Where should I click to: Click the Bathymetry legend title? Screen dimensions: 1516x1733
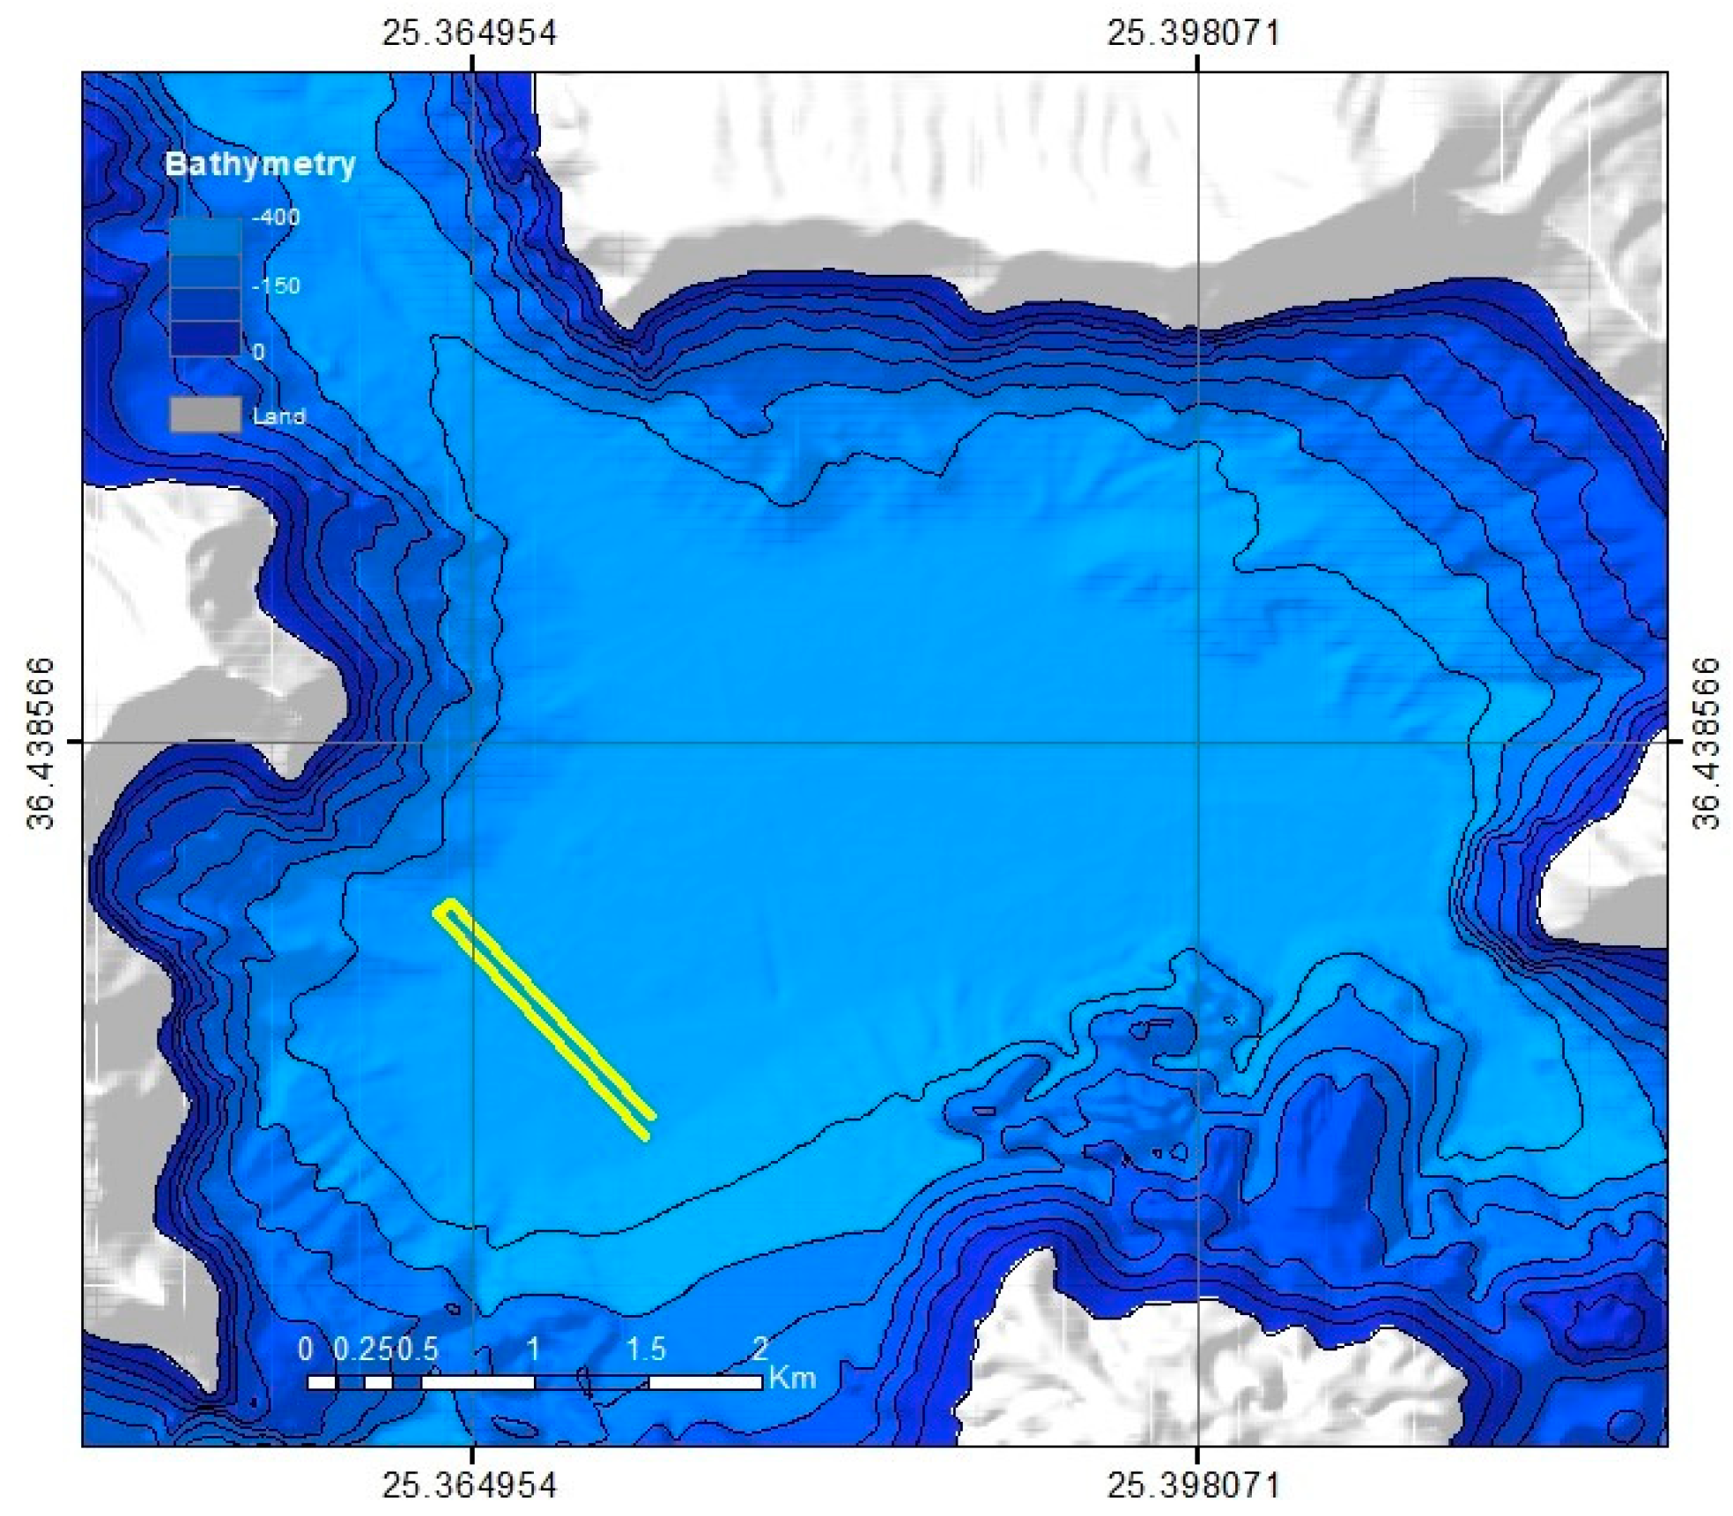pyautogui.click(x=260, y=164)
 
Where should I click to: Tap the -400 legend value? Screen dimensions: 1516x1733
pyautogui.click(x=275, y=217)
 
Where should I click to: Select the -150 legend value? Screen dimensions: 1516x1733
pyautogui.click(x=275, y=285)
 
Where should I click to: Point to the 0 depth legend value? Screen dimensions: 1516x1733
pyautogui.click(x=258, y=352)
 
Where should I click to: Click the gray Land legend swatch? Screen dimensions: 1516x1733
pyautogui.click(x=205, y=414)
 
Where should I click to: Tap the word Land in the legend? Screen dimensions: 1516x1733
pyautogui.click(x=278, y=416)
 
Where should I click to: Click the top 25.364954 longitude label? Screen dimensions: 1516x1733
pyautogui.click(x=469, y=33)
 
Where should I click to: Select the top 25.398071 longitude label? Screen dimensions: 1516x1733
pyautogui.click(x=1194, y=33)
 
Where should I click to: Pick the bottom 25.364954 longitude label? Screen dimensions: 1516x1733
pyautogui.click(x=469, y=1486)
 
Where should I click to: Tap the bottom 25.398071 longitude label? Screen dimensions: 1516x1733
pyautogui.click(x=1194, y=1486)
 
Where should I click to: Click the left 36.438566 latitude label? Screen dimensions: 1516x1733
pyautogui.click(x=41, y=743)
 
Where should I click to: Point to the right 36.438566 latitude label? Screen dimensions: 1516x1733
pyautogui.click(x=1707, y=743)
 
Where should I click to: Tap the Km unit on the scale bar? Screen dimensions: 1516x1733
pyautogui.click(x=792, y=1378)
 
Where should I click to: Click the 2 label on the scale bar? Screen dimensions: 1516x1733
pyautogui.click(x=760, y=1349)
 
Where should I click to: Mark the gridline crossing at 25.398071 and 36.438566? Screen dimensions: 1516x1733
pyautogui.click(x=1197, y=742)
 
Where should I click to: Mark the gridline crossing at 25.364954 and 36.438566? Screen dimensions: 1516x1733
pyautogui.click(x=473, y=742)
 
